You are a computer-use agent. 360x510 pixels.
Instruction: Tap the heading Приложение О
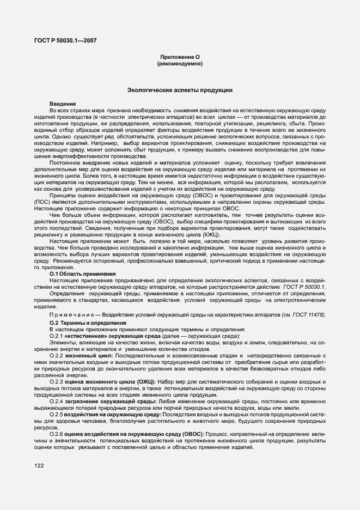[180, 57]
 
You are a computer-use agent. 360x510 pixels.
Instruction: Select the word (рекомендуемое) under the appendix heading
[180, 64]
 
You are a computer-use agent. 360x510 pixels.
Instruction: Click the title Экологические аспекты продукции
[180, 89]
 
